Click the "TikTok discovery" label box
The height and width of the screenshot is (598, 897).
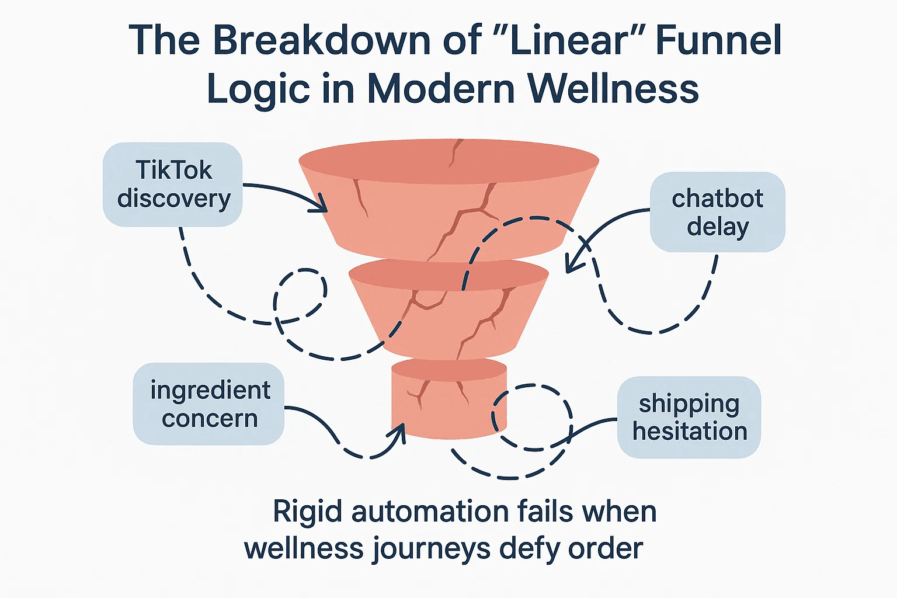tap(173, 184)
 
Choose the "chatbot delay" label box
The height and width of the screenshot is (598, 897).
tap(717, 212)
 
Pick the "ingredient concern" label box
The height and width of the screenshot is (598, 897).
tap(209, 404)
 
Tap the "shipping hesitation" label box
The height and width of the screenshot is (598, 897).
tap(689, 417)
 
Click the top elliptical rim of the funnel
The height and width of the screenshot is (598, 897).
tap(448, 158)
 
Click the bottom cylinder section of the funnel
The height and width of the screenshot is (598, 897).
tap(448, 403)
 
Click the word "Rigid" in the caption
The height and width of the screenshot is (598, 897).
tap(307, 512)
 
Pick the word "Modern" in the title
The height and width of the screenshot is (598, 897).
tap(441, 89)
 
